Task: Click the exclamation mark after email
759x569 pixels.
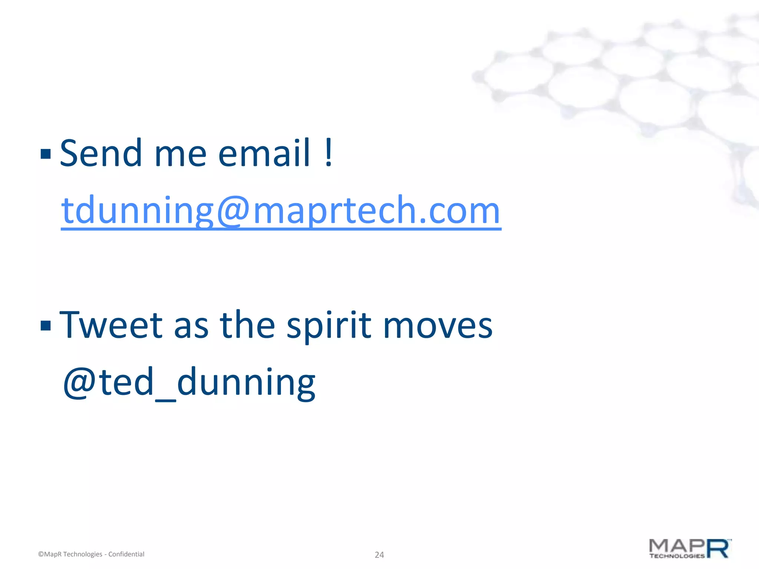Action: pyautogui.click(x=328, y=153)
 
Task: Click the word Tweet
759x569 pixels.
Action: pyautogui.click(x=111, y=325)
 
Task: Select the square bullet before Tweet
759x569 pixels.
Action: pyautogui.click(x=46, y=325)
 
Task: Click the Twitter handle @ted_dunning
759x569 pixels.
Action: pyautogui.click(x=189, y=382)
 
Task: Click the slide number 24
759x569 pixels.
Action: pyautogui.click(x=379, y=555)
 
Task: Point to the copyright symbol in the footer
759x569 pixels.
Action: pyautogui.click(x=41, y=554)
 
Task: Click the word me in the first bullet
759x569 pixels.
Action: pyautogui.click(x=180, y=153)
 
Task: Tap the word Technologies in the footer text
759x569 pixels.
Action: pyautogui.click(x=83, y=554)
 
